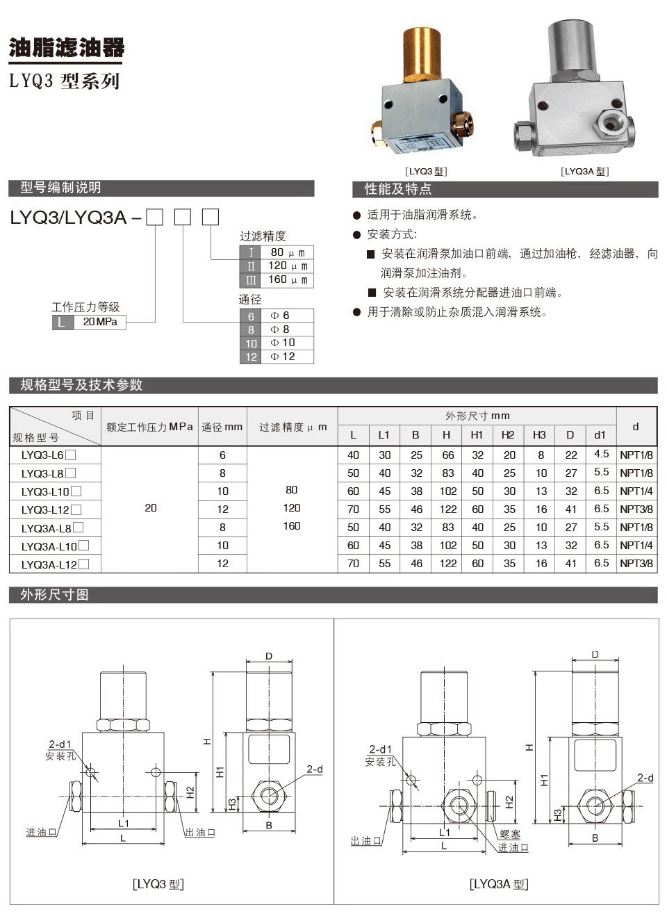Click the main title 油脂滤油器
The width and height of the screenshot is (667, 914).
[67, 47]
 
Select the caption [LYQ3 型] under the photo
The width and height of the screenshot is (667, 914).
[427, 171]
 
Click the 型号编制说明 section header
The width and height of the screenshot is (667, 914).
[61, 188]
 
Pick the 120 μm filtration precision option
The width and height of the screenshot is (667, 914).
[287, 266]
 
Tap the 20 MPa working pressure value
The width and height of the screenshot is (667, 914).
[100, 322]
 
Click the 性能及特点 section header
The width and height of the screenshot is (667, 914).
[398, 189]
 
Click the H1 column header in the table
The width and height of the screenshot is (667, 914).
[477, 434]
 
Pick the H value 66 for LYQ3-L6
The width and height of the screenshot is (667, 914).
[447, 455]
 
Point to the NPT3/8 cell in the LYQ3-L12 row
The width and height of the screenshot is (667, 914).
[636, 509]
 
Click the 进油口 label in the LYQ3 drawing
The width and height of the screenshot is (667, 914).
[41, 832]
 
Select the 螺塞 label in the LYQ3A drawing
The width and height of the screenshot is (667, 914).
[510, 834]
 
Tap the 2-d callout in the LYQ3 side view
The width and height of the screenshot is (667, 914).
[315, 769]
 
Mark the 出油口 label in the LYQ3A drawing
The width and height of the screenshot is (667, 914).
[365, 841]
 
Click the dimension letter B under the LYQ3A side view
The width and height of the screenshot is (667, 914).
[595, 838]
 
